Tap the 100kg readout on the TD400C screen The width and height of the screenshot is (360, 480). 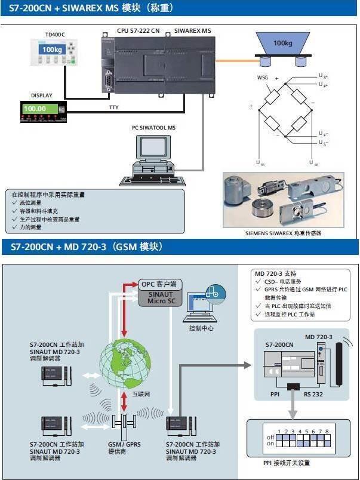coord(52,50)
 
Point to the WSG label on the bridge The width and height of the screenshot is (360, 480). coord(262,78)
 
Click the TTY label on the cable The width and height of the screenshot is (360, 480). coord(113,107)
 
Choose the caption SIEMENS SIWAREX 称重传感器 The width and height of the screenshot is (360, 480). coord(283,232)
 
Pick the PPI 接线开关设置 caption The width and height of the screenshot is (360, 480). coord(287,463)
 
